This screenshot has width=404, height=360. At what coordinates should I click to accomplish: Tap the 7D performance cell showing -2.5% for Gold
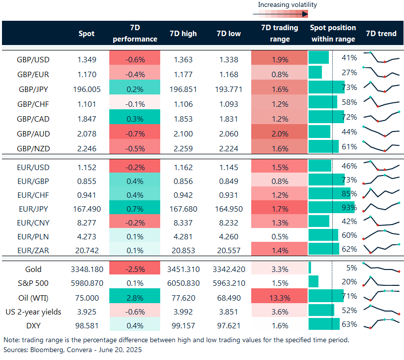pos(135,270)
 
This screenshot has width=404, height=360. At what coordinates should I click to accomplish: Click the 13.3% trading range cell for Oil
pos(279,298)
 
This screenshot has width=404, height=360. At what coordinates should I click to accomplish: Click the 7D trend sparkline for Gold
pos(381,269)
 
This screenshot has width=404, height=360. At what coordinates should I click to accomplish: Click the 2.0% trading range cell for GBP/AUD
pos(279,134)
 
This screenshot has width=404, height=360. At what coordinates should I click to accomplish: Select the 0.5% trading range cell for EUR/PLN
pos(279,236)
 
